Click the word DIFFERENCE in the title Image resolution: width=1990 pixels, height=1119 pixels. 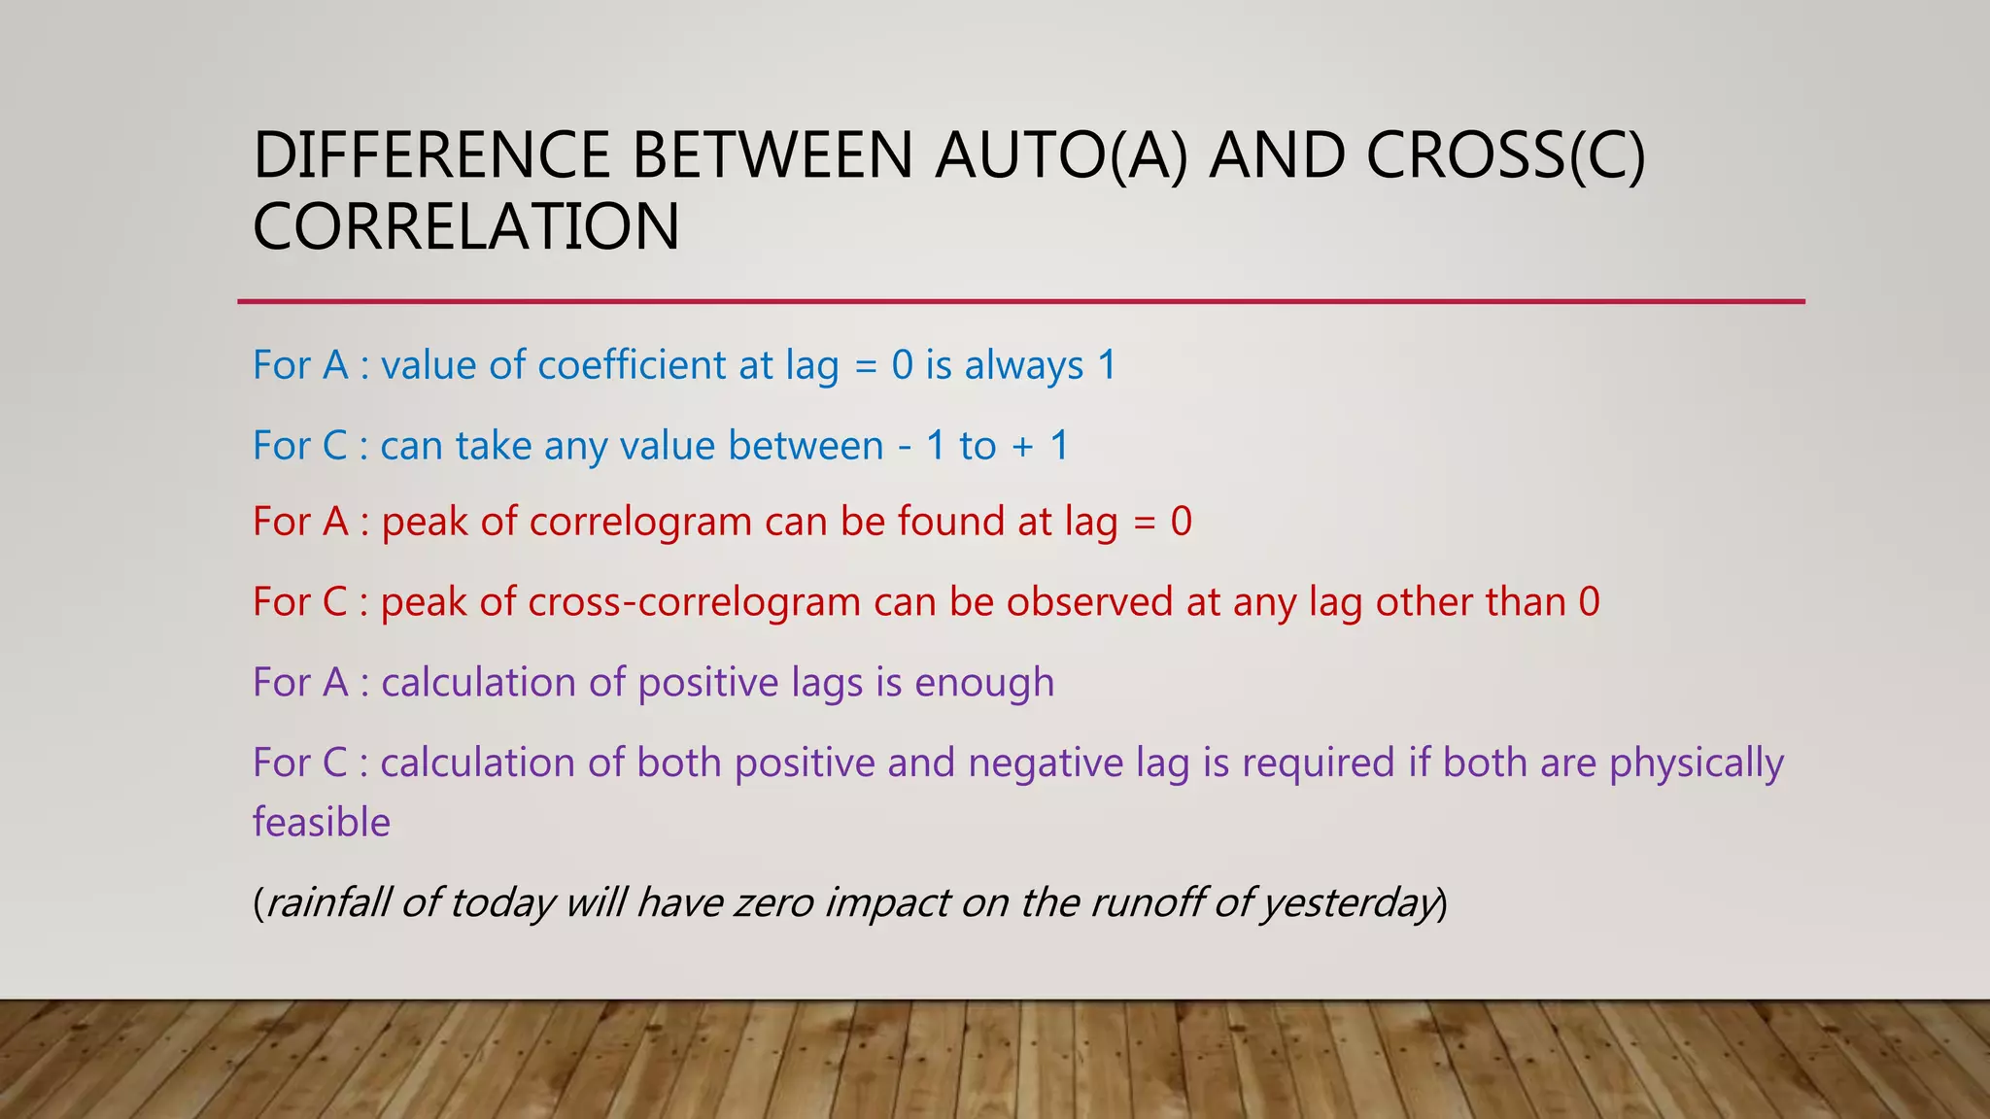tap(431, 155)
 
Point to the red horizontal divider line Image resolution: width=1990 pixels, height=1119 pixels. tap(1020, 302)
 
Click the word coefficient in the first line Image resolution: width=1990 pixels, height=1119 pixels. tap(632, 365)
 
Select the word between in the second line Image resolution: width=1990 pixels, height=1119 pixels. tap(806, 446)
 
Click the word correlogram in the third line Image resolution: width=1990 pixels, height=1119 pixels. tap(641, 523)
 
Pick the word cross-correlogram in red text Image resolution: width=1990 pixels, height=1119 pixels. tap(694, 602)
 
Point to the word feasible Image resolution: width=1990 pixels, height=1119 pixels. tap(321, 823)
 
